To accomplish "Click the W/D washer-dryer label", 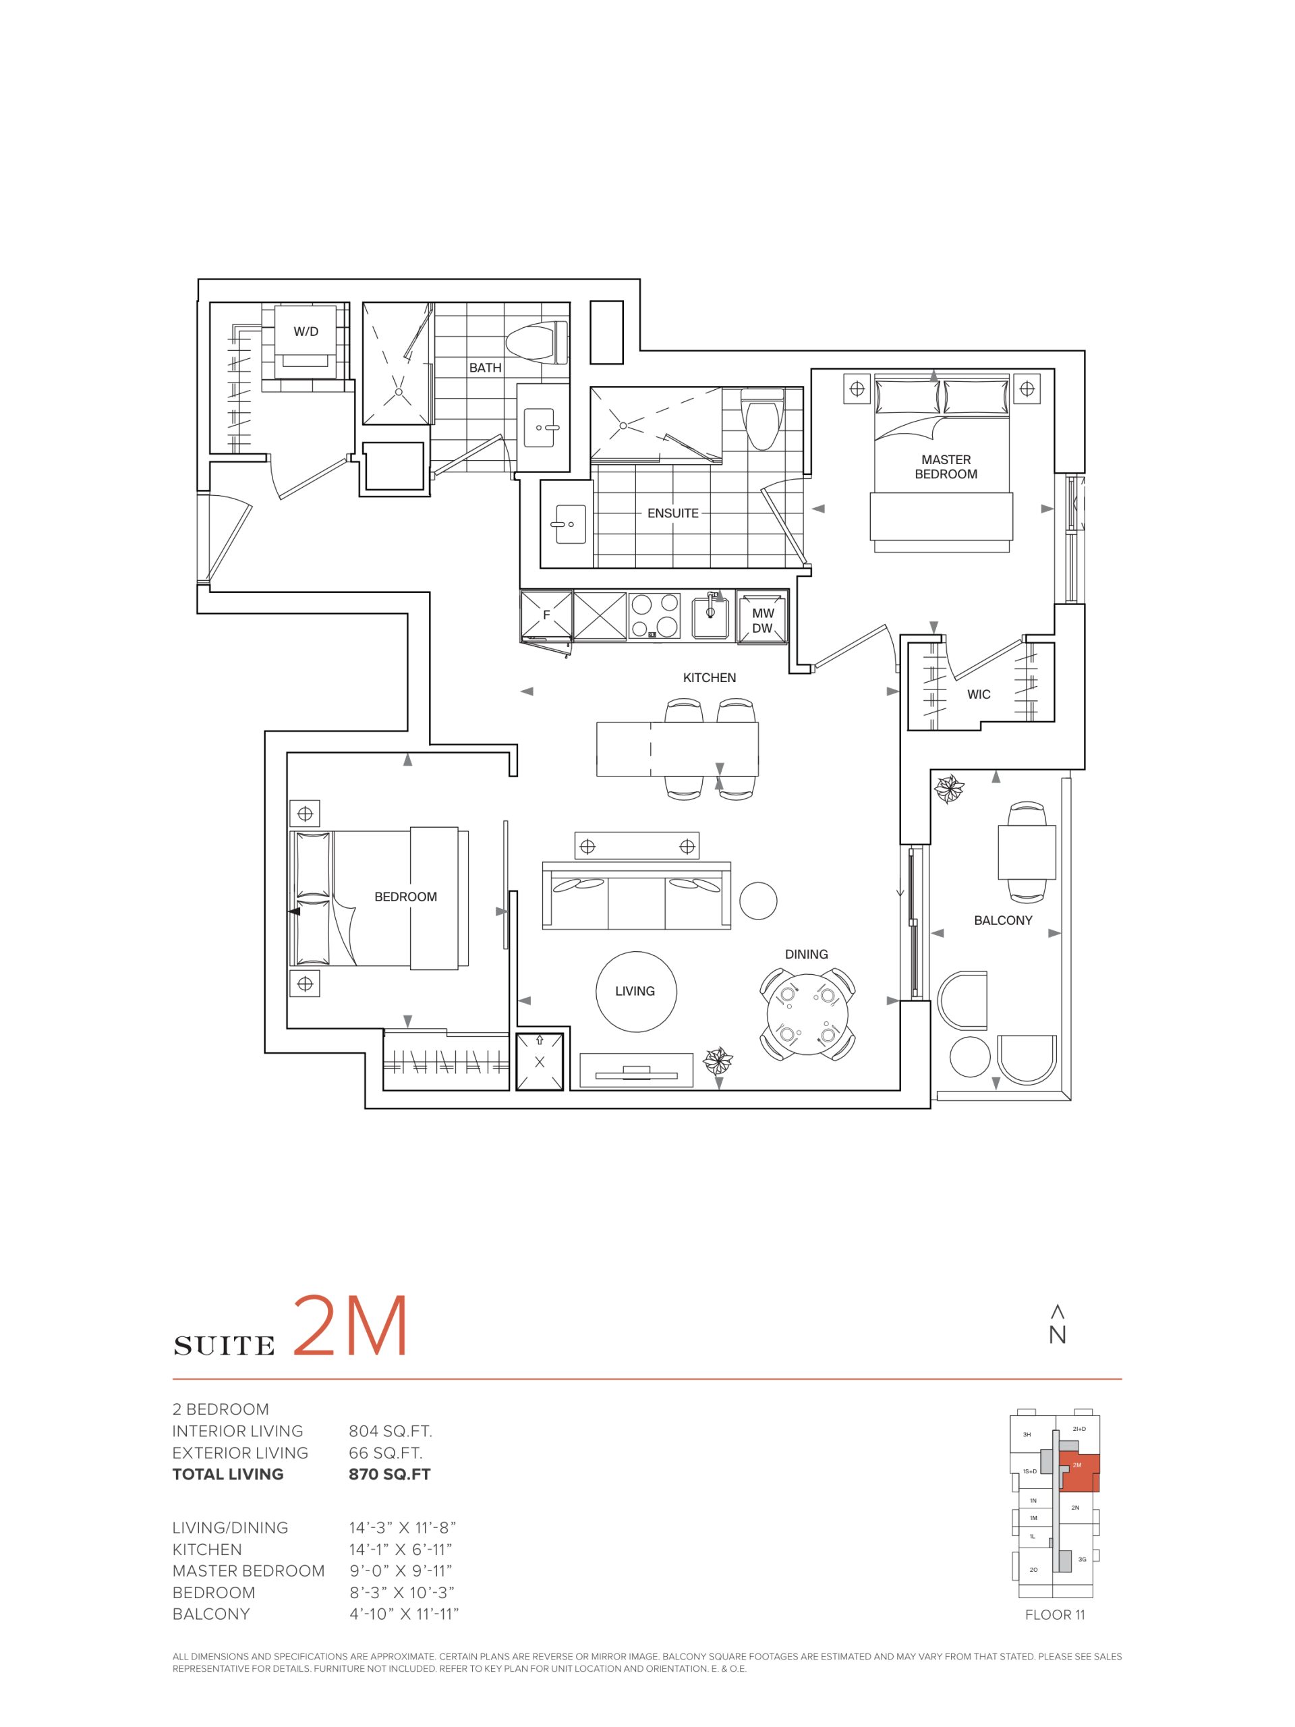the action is click(306, 332).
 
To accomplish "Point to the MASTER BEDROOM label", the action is click(946, 467).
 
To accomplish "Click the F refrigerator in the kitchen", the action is click(546, 616).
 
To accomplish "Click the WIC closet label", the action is click(978, 694).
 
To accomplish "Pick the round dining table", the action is click(807, 1015).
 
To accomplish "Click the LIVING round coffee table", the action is click(635, 992).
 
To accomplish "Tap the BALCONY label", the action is click(1003, 920).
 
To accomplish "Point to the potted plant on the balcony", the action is click(950, 789).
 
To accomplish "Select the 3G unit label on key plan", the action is click(1081, 1559).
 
